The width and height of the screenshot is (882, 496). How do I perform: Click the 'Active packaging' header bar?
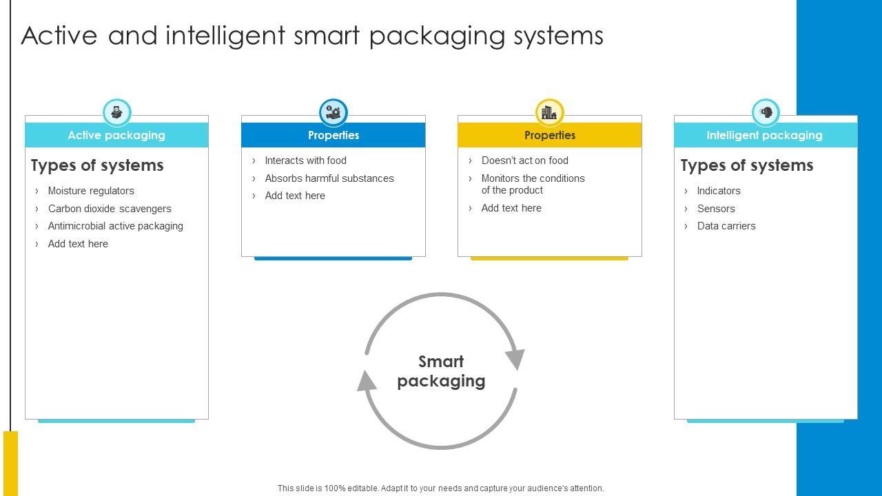pyautogui.click(x=116, y=135)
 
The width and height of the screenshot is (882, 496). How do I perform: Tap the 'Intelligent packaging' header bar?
pyautogui.click(x=764, y=135)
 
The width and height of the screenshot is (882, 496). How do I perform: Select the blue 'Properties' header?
pyautogui.click(x=333, y=135)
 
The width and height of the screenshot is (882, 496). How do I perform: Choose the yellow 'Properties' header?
pyautogui.click(x=549, y=135)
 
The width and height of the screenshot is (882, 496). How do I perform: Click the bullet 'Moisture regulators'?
pyautogui.click(x=91, y=191)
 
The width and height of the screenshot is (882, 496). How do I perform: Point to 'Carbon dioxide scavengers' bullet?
pyautogui.click(x=110, y=209)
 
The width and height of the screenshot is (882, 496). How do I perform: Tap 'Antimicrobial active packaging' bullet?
pyautogui.click(x=115, y=226)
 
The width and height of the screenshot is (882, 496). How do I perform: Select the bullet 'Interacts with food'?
pyautogui.click(x=305, y=161)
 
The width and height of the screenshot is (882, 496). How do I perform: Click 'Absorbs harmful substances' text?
pyautogui.click(x=329, y=178)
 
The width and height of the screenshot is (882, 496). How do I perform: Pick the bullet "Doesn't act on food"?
pyautogui.click(x=524, y=161)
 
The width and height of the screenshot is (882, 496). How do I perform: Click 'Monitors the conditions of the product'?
pyautogui.click(x=533, y=184)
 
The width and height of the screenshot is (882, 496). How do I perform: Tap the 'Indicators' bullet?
pyautogui.click(x=719, y=191)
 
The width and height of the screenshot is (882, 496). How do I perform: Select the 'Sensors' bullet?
pyautogui.click(x=716, y=209)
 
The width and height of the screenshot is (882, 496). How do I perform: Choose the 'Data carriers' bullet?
pyautogui.click(x=726, y=226)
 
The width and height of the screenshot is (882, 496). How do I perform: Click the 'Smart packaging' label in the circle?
pyautogui.click(x=441, y=371)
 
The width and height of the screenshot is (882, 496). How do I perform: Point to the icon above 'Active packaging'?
pyautogui.click(x=116, y=112)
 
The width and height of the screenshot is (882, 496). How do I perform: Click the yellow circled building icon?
pyautogui.click(x=549, y=112)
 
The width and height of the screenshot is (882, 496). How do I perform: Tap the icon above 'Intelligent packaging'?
pyautogui.click(x=766, y=112)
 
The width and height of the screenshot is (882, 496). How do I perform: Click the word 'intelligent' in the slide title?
pyautogui.click(x=225, y=36)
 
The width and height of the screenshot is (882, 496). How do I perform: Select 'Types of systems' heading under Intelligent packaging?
pyautogui.click(x=747, y=165)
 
